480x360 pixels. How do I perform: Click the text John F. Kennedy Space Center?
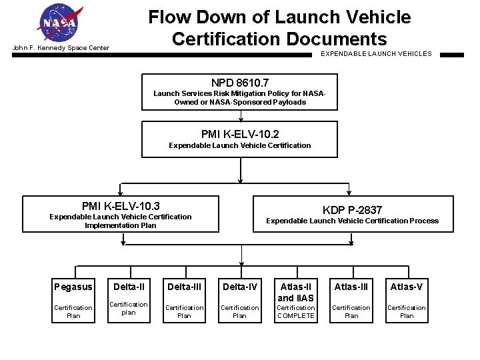[61, 48]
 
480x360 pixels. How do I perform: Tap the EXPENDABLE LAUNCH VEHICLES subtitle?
[376, 53]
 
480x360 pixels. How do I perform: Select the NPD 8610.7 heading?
[240, 83]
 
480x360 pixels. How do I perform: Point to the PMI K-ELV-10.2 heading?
[240, 134]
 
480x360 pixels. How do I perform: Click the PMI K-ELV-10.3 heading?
[121, 206]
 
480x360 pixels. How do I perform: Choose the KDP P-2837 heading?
[352, 210]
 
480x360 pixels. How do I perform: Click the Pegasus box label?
[73, 287]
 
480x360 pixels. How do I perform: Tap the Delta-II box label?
[129, 287]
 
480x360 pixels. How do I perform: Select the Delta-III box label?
[184, 287]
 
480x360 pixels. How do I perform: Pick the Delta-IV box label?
[239, 287]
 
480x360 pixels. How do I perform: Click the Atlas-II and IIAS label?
[295, 292]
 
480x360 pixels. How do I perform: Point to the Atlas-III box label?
[351, 287]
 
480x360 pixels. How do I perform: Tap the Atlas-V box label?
[406, 287]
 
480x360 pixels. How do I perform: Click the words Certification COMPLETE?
[295, 312]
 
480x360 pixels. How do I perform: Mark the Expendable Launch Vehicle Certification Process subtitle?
[352, 221]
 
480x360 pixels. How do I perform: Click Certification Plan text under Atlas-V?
[406, 312]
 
